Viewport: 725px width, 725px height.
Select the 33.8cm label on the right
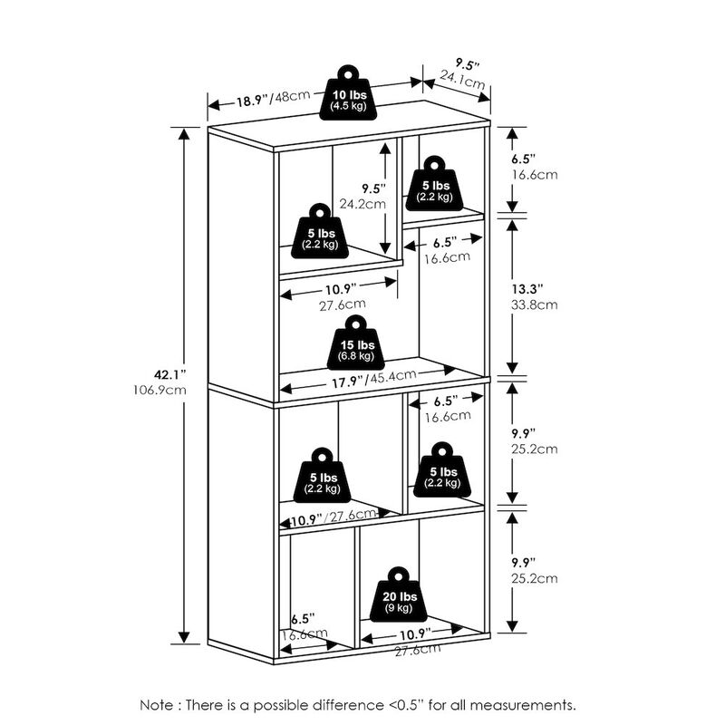[x=533, y=304]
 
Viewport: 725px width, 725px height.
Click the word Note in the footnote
[x=159, y=704]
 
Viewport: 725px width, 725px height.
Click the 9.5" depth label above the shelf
[x=467, y=65]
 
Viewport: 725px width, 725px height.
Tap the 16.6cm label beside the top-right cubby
[x=533, y=174]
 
